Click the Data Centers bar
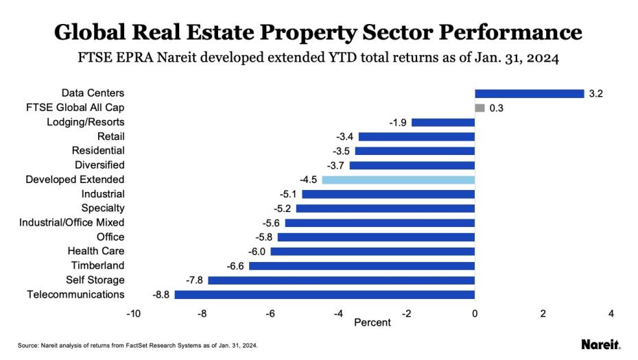529,93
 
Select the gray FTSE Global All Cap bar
480,108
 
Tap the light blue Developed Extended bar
398,180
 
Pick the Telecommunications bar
324,295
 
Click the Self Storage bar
341,280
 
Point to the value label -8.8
161,295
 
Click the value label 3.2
595,93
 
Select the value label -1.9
397,122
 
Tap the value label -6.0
257,252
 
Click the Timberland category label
97,266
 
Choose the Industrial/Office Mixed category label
72,223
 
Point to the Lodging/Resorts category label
86,122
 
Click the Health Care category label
96,252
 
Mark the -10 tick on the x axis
132,313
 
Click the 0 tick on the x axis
475,313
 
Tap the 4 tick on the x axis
611,313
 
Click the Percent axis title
373,322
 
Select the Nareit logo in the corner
600,344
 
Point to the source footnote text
137,345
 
